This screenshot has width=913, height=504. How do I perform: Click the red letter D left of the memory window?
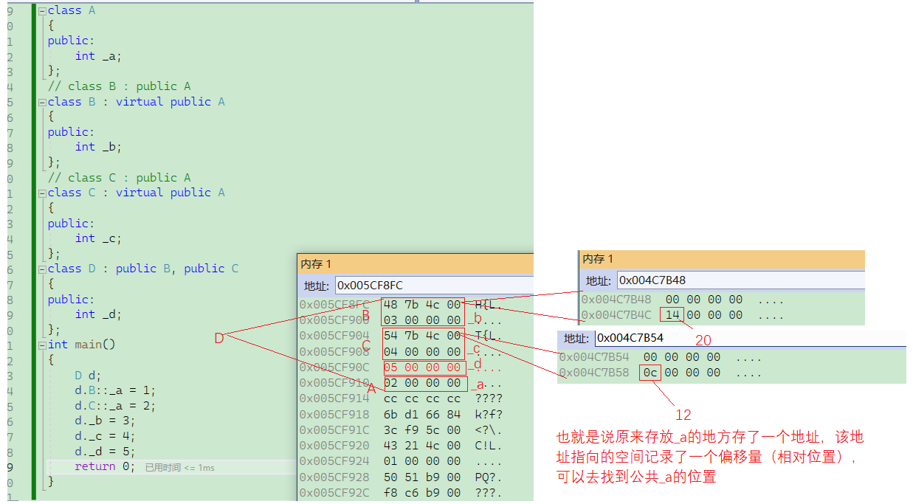218,338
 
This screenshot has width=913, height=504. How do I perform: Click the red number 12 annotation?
683,415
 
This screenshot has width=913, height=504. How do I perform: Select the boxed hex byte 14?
672,315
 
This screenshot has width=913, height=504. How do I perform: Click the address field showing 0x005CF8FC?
433,285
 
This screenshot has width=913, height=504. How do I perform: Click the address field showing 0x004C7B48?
738,280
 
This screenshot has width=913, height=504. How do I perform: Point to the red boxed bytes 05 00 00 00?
423,367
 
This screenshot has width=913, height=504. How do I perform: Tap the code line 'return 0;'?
105,466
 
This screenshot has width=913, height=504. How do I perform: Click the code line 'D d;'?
88,375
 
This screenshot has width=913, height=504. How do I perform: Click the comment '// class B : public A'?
119,86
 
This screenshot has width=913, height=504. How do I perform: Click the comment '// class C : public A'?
119,178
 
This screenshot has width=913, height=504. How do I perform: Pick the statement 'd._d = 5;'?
105,452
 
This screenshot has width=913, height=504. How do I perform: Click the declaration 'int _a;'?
98,56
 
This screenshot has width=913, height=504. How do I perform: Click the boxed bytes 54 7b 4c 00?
423,336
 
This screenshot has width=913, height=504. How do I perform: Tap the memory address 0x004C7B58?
594,373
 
